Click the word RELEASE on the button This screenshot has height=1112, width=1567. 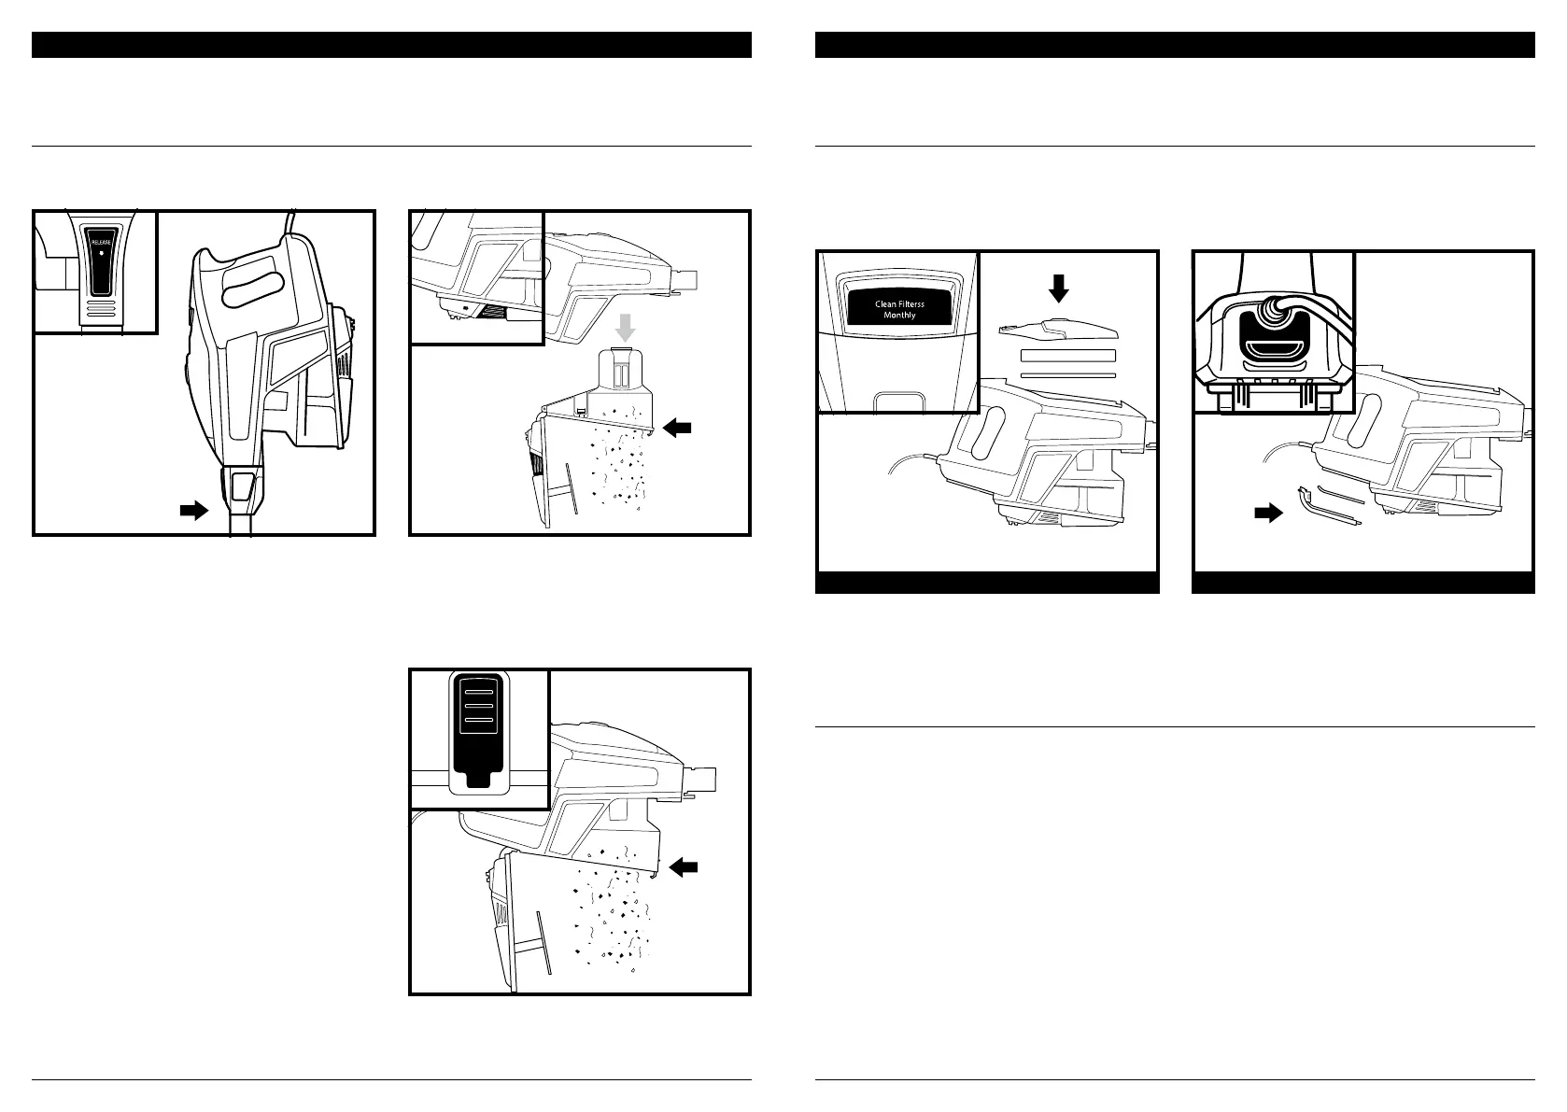coord(100,240)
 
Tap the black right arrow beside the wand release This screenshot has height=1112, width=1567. coord(193,511)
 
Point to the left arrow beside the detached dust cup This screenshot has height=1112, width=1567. coord(680,427)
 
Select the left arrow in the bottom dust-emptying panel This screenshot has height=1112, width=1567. coord(684,867)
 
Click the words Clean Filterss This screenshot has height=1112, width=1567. coord(899,303)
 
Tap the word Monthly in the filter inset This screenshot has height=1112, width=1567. coord(899,316)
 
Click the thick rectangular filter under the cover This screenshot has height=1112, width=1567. coord(1068,356)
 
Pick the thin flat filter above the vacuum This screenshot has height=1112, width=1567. coord(1068,374)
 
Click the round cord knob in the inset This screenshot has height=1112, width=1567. coord(1272,313)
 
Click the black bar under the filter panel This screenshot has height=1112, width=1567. coord(987,582)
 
